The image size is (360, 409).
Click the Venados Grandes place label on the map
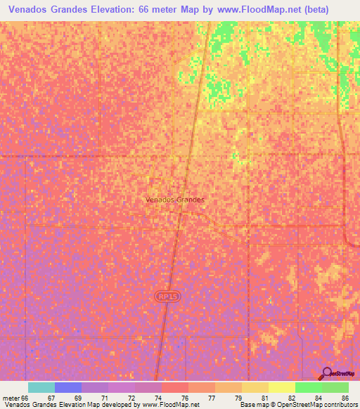[x=174, y=200]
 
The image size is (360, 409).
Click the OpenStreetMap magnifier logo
[x=327, y=373]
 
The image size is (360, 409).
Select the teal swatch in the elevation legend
[x=41, y=387]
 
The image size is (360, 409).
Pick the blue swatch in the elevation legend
[x=68, y=387]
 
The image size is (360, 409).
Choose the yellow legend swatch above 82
[x=282, y=387]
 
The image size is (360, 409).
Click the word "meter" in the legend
[x=11, y=398]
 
